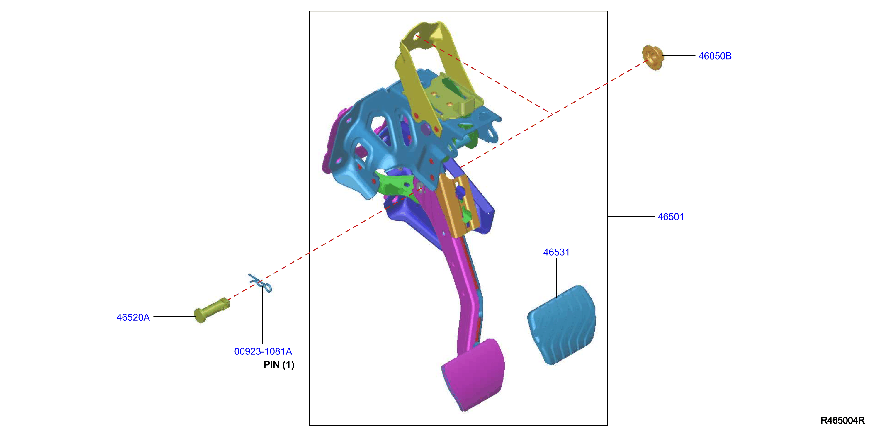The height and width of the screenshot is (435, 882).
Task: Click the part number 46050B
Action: (715, 56)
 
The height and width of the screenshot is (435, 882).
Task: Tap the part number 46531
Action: (556, 252)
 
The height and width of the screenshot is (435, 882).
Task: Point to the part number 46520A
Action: (133, 317)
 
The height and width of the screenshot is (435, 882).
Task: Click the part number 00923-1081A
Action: (263, 351)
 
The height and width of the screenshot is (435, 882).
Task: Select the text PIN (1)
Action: (279, 365)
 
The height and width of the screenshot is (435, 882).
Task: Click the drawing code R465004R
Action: (842, 420)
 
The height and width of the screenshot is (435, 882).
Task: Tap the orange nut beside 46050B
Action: (652, 58)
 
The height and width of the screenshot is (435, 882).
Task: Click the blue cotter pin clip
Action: (260, 283)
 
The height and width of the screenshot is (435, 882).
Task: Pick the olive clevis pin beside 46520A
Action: (212, 310)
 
